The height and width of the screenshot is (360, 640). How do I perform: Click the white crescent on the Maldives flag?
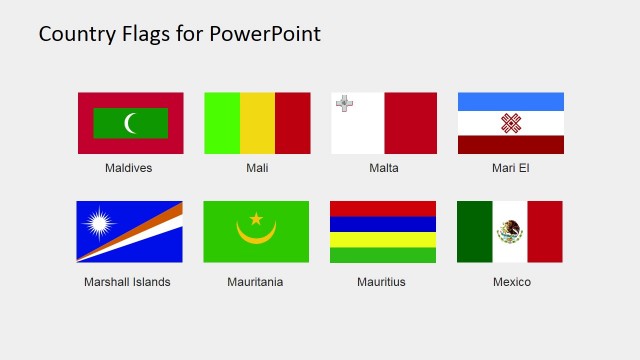tap(130, 123)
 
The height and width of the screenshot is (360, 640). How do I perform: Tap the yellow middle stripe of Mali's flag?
tap(257, 123)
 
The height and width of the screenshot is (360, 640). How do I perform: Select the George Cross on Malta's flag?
tap(344, 103)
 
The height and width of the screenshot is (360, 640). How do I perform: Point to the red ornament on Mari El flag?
tap(511, 123)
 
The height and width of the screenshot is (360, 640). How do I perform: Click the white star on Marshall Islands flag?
tap(101, 223)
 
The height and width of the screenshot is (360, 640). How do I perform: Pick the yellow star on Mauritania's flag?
tap(256, 218)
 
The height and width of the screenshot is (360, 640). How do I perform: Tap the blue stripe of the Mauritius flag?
tap(383, 224)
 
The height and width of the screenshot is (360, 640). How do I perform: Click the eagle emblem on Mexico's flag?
tap(510, 232)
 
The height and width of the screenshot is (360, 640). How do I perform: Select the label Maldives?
tap(129, 168)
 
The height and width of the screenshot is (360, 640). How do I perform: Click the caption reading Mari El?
tap(511, 168)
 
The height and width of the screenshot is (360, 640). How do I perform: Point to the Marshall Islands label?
tap(128, 282)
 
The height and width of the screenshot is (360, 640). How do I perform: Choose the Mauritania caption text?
tap(255, 282)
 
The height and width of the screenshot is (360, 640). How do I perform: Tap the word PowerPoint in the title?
tap(265, 34)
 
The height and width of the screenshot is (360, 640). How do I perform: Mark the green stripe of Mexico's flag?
tap(475, 232)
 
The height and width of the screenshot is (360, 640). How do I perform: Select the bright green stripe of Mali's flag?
tap(222, 123)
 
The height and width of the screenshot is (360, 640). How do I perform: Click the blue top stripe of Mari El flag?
tap(511, 101)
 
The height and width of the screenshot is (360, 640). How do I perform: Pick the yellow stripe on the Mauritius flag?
tap(383, 240)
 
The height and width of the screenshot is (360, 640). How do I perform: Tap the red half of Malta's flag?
tap(410, 123)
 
